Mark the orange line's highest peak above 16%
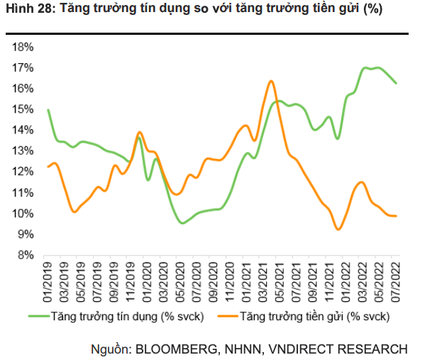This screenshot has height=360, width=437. click(271, 81)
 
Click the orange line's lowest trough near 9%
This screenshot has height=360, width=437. click(338, 229)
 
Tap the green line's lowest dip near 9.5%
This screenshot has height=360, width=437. click(183, 223)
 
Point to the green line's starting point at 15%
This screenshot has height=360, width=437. click(48, 109)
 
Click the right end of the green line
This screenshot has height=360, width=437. click(396, 83)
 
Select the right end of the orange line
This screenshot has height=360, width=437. click(396, 216)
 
